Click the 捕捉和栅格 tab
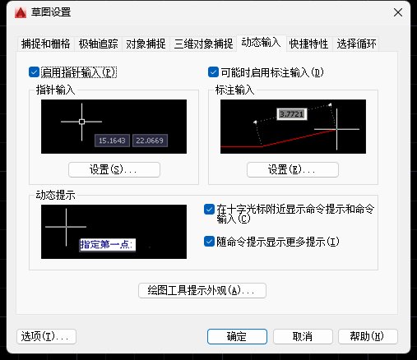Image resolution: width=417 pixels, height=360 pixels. (x=44, y=43)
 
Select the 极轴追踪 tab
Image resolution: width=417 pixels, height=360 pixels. (x=99, y=43)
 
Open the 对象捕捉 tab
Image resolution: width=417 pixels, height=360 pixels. (x=146, y=43)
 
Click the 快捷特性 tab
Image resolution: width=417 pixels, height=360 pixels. (x=310, y=43)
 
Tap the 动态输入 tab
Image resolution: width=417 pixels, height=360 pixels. (x=262, y=42)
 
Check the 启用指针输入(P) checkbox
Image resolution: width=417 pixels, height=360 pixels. (x=34, y=72)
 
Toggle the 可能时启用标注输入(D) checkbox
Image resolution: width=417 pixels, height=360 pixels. (x=214, y=72)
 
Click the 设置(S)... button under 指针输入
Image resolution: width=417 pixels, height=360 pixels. (x=114, y=170)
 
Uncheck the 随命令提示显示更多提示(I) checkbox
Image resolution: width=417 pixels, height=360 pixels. (x=209, y=242)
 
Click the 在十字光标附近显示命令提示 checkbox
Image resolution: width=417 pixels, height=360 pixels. (x=209, y=210)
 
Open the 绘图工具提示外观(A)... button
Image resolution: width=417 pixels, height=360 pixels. (x=202, y=290)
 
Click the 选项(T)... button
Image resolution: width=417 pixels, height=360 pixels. (x=47, y=336)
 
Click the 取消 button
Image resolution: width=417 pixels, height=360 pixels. (x=302, y=336)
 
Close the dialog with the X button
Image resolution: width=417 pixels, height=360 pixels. (x=397, y=12)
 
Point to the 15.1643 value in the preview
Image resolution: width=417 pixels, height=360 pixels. (x=113, y=141)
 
